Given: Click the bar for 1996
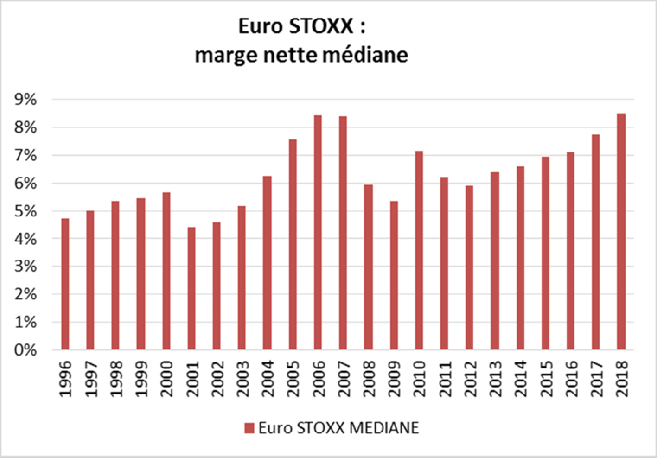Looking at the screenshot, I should [x=65, y=284].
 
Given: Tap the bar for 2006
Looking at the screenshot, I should [x=317, y=232].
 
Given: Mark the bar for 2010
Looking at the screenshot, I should [x=418, y=251].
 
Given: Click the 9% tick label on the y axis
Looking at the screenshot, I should [x=26, y=100].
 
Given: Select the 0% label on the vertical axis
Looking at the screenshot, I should [x=26, y=350].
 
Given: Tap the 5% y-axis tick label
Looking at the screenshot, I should [x=26, y=211].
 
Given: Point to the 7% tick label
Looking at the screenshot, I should [x=26, y=156].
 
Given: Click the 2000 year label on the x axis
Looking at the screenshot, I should [x=167, y=378].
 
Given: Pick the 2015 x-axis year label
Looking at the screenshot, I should [x=545, y=378].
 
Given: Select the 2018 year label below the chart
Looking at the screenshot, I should [x=622, y=378].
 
